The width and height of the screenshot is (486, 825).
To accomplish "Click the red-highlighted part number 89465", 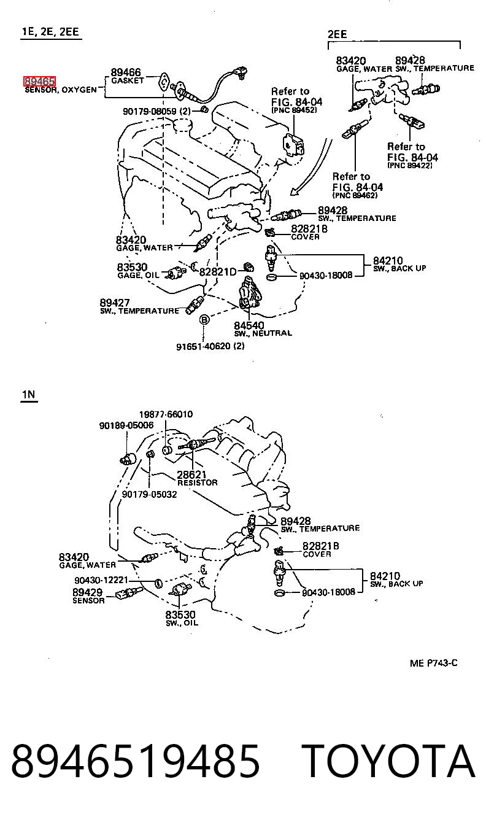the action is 39,81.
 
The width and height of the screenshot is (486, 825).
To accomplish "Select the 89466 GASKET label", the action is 128,76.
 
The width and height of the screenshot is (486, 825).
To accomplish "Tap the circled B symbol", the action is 204,319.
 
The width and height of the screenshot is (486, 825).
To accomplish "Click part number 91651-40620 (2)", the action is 210,346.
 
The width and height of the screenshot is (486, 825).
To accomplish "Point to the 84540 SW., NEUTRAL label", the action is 263,329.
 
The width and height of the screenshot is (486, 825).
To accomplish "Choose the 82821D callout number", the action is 218,272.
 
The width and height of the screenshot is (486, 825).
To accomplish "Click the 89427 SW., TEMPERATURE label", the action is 139,306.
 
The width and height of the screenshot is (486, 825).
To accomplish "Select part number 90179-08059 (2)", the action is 156,111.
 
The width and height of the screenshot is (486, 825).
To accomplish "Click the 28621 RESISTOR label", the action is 198,478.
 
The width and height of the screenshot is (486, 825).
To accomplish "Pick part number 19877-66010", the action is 166,414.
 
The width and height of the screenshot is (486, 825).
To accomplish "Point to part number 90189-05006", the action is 126,425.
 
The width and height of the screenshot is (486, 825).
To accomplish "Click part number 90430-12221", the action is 101,581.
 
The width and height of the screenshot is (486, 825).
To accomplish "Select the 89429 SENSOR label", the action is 88,596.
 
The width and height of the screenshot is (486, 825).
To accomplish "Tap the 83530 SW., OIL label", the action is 182,618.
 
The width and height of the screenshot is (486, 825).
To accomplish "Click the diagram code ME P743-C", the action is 433,664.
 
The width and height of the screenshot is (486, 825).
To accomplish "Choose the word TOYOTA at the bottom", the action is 388,761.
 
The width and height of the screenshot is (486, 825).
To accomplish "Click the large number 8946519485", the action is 136,761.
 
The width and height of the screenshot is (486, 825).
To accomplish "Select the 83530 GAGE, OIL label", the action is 138,271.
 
